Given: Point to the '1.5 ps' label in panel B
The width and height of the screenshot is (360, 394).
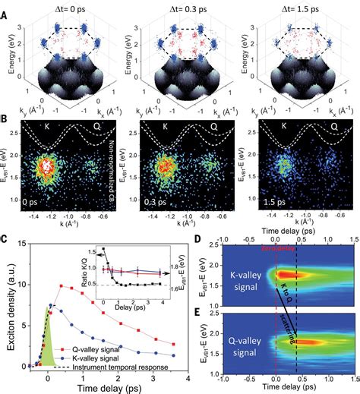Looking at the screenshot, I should pyautogui.click(x=261, y=203).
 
